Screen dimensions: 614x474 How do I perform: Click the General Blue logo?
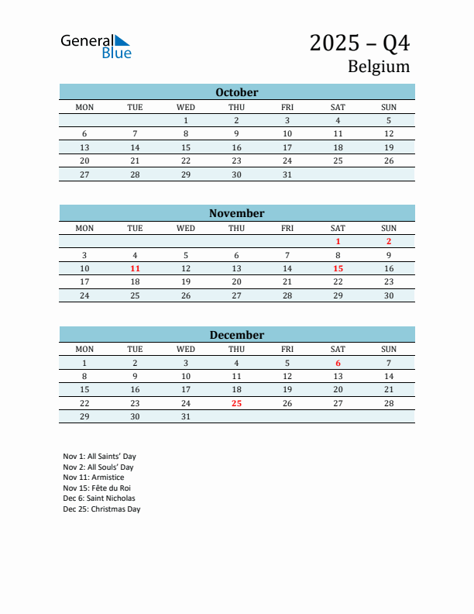[x=96, y=46]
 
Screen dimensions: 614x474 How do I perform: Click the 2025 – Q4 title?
[x=359, y=43]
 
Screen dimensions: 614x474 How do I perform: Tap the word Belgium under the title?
[x=378, y=67]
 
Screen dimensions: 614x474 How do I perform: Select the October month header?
[x=236, y=92]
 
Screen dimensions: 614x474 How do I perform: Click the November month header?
[x=236, y=213]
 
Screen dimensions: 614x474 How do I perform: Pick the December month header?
[x=236, y=335]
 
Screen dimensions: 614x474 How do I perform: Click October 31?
[x=287, y=174]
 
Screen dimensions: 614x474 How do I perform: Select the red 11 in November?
[x=135, y=268]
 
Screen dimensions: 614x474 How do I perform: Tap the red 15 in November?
[x=338, y=268]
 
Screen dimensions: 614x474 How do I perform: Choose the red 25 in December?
[x=236, y=403]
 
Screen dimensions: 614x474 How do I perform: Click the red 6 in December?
[x=338, y=363]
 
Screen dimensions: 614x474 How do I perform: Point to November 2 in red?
[x=389, y=241]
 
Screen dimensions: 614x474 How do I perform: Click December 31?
[x=186, y=416]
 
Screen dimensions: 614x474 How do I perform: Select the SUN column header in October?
[x=389, y=107]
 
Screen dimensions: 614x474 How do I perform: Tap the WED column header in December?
[x=186, y=349]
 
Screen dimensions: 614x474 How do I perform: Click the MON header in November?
[x=84, y=228]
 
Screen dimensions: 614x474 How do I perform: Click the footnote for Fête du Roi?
[x=98, y=488]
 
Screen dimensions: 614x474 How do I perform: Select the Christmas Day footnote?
[x=101, y=509]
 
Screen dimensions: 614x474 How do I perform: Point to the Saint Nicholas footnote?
[x=99, y=498]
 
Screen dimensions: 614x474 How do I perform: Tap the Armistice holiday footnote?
[x=93, y=478]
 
